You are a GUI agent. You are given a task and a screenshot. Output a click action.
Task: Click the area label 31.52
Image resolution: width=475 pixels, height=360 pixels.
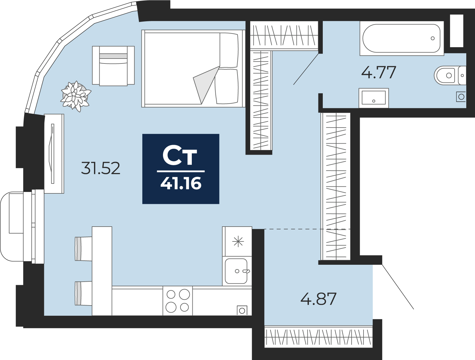point(100,168)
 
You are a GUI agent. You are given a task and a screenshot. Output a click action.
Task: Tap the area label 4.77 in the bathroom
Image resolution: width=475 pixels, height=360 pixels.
point(378,73)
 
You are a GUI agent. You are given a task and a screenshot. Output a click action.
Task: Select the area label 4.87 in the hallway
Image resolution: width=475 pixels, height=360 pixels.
point(318,299)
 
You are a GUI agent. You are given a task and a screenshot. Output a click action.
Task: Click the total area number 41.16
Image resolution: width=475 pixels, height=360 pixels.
point(181,183)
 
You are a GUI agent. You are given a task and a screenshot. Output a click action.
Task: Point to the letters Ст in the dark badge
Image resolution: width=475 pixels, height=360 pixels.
point(180,156)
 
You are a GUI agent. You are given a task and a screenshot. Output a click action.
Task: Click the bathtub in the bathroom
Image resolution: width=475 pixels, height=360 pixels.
point(401,38)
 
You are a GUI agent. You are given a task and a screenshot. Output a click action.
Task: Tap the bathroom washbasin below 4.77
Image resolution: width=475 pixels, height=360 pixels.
point(374,98)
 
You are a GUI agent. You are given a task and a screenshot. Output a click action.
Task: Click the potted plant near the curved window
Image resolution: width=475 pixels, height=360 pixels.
point(75,96)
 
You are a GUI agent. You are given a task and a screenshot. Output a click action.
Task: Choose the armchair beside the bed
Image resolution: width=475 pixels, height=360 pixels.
point(113,66)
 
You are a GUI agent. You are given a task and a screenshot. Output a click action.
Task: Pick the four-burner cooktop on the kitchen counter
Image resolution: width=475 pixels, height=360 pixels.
point(178,301)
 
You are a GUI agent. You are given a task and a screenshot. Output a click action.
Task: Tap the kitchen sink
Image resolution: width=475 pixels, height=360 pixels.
point(237,271)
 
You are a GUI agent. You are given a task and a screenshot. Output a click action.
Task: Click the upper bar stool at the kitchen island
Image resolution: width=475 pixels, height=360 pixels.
point(84,249)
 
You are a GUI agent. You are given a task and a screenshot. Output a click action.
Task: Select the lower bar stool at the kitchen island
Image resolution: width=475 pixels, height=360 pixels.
point(84,293)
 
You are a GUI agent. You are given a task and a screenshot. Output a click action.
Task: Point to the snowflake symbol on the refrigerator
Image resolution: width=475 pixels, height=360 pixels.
point(238,241)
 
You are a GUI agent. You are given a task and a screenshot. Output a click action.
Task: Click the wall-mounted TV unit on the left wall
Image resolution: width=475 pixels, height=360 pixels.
point(54,153)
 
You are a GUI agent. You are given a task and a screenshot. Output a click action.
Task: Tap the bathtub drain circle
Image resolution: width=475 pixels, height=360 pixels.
point(433,38)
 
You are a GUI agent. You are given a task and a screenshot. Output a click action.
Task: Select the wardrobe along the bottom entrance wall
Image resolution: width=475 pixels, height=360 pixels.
point(318,337)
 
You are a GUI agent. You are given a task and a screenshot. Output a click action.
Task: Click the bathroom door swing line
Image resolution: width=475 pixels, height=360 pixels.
point(306,69)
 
